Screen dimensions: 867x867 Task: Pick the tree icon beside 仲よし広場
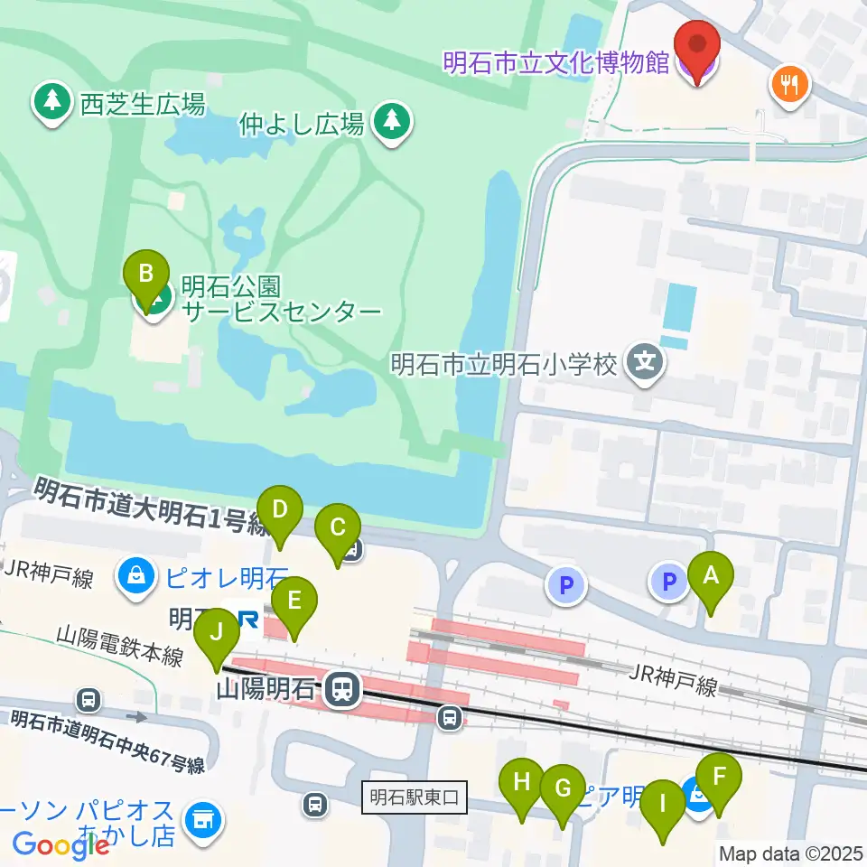point(391,121)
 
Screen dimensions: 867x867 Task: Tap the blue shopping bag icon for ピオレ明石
point(135,575)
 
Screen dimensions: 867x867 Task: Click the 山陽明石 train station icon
point(341,691)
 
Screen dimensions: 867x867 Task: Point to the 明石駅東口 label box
point(415,797)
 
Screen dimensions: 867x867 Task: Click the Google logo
point(61,845)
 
